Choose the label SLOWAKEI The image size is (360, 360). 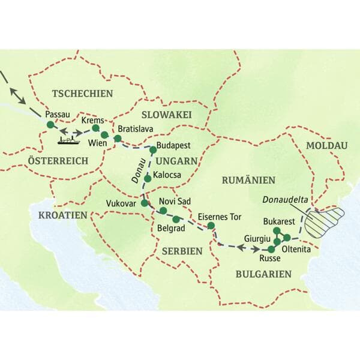click(166, 115)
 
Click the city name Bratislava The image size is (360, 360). click(137, 129)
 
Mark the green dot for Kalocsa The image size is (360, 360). click(148, 178)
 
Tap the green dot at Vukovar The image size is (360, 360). click(145, 203)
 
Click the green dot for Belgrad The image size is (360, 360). click(176, 219)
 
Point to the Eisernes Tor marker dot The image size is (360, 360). click(211, 226)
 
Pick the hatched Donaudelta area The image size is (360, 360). click(325, 220)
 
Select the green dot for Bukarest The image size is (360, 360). click(277, 231)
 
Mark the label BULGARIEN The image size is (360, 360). click(264, 274)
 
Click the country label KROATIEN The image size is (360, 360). click(63, 215)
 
